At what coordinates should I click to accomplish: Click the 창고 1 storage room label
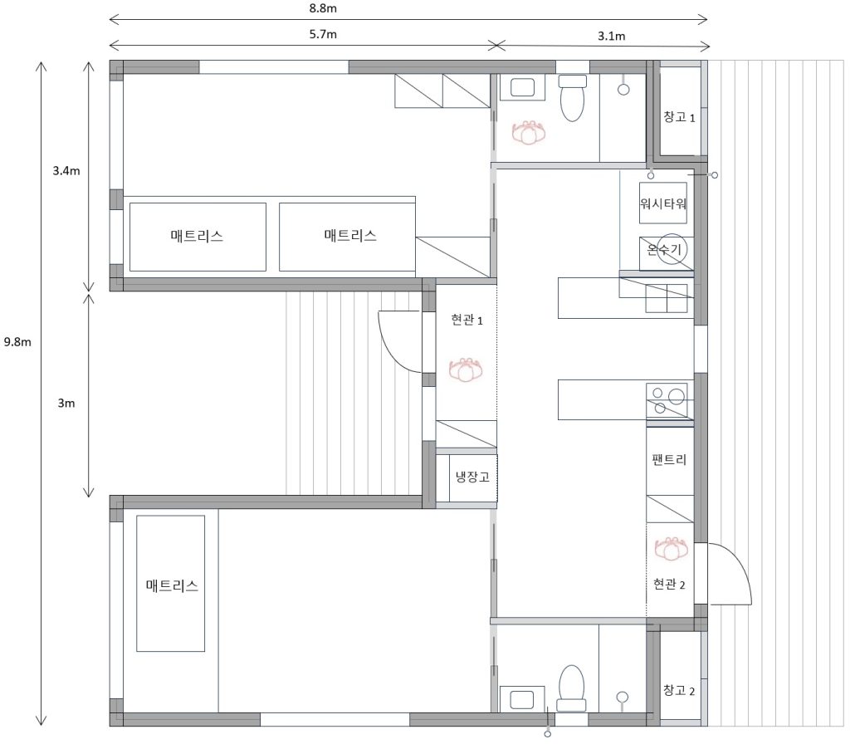pos(679,116)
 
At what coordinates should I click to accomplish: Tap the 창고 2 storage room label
pos(679,690)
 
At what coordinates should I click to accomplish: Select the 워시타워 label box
pos(663,203)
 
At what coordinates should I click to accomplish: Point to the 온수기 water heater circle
pos(672,250)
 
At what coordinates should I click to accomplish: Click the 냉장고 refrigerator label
pos(472,477)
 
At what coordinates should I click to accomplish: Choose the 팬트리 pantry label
pos(669,460)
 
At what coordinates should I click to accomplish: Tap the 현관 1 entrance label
pos(467,320)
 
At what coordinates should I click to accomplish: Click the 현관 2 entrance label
pos(669,584)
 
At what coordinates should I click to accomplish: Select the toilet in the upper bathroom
pos(573,98)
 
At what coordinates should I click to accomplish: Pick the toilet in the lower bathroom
pos(572,688)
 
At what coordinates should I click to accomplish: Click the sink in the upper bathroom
pos(522,86)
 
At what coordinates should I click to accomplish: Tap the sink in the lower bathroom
pos(522,698)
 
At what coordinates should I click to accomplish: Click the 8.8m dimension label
pos(323,8)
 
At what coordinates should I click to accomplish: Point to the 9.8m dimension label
pos(17,342)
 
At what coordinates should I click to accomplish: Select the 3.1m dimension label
pos(612,36)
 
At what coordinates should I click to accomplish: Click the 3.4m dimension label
pos(66,171)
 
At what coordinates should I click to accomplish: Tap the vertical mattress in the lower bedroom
pos(171,584)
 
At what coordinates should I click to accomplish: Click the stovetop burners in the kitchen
pos(667,400)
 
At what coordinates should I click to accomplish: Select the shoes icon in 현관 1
pos(466,370)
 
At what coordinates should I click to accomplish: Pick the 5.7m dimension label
pos(323,34)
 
